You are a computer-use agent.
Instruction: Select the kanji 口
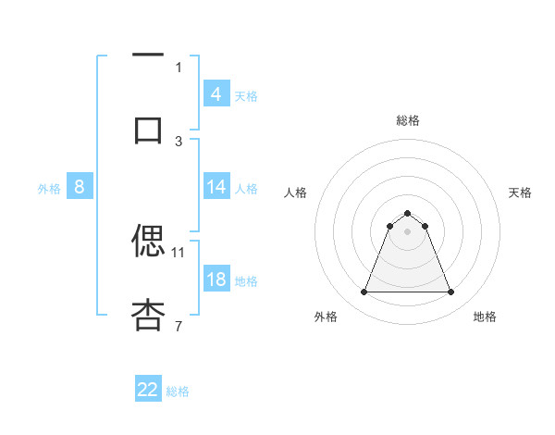(148, 130)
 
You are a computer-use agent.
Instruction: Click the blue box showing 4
(216, 94)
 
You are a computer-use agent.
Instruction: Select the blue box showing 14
(216, 187)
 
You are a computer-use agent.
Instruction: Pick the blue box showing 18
(216, 280)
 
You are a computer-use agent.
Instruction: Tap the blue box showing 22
(148, 390)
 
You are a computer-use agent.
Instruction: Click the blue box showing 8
(80, 187)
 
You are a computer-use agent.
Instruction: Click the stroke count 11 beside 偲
(179, 252)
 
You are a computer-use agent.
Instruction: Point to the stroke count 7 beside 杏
(179, 326)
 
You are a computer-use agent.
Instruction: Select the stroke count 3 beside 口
(179, 141)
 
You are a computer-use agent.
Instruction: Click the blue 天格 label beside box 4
(246, 95)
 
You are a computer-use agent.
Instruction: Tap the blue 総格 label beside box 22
(179, 391)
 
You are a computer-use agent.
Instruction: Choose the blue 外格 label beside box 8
(49, 188)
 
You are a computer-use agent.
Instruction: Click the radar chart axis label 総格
(407, 120)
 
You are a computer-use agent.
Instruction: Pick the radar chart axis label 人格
(296, 193)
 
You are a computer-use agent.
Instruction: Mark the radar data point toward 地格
(450, 292)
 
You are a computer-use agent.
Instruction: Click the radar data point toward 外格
(364, 292)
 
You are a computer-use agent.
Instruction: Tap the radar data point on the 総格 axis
(407, 213)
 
